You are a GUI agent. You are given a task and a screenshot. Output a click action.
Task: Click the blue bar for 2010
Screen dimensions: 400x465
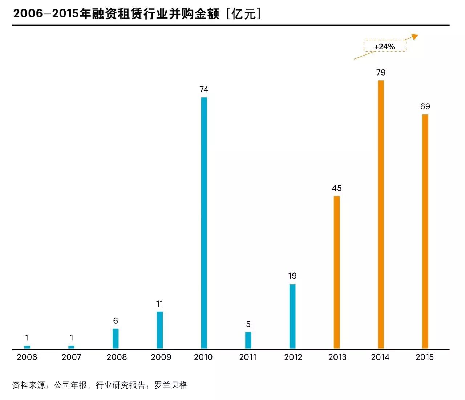tap(204, 223)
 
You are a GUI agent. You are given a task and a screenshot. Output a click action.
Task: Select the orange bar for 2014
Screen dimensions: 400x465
tap(381, 214)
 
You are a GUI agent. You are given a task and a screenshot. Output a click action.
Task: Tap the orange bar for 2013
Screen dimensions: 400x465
tap(337, 272)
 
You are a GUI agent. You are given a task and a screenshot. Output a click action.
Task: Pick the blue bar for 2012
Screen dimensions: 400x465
tap(292, 316)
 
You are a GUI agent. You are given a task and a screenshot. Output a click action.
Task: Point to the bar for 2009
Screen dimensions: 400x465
tap(160, 330)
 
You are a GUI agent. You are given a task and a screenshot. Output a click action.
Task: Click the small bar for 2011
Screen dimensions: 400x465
tap(248, 340)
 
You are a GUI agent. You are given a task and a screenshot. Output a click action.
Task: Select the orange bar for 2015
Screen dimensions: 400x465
tap(425, 231)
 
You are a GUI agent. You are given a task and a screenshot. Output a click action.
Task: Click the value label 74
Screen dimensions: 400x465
tap(204, 89)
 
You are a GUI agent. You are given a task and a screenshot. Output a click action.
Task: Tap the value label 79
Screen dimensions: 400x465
tap(381, 72)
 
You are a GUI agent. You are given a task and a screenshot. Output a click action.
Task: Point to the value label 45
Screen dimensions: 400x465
tap(337, 188)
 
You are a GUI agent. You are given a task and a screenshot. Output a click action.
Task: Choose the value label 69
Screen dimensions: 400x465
tap(425, 106)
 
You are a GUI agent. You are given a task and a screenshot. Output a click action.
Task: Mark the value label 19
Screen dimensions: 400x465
tap(292, 276)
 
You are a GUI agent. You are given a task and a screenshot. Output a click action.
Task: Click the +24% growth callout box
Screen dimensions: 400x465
tap(385, 46)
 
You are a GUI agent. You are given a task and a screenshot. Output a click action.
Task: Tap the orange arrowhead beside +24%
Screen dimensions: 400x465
tap(415, 36)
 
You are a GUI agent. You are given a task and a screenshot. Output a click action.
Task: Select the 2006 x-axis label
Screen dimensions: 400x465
tap(27, 357)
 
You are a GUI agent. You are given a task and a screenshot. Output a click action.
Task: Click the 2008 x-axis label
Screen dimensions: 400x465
tap(117, 357)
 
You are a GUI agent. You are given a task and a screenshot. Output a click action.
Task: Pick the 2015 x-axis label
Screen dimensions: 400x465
tap(425, 357)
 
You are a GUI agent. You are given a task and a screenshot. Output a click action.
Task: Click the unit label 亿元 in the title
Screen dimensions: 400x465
tap(243, 14)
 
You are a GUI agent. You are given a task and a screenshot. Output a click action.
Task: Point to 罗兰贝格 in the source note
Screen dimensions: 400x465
tap(171, 385)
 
